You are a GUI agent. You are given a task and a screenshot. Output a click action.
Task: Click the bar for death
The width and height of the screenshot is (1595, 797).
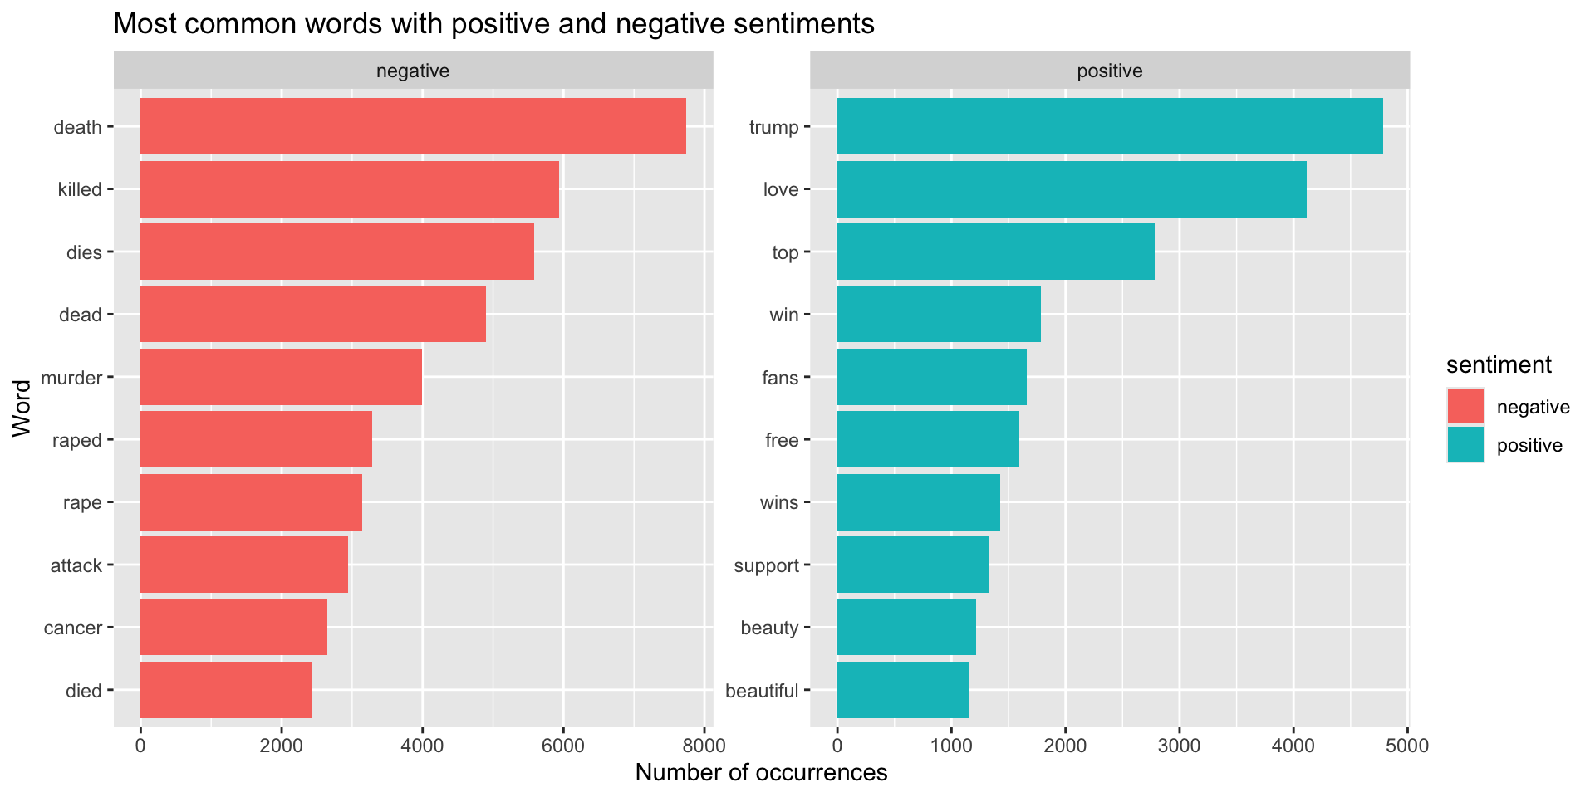[x=413, y=126]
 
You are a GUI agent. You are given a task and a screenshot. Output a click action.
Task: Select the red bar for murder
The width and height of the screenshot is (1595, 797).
[x=281, y=377]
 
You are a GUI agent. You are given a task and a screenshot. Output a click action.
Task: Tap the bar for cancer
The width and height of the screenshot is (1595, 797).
[x=233, y=627]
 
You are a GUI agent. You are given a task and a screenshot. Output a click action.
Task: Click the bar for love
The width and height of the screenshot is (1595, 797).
[x=1071, y=189]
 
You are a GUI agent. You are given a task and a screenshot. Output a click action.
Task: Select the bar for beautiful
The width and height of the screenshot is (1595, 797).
[x=902, y=690]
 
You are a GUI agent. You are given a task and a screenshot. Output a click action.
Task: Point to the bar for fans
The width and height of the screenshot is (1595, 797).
[x=931, y=377]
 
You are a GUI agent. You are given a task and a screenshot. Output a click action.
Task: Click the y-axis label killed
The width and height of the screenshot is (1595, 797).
[x=80, y=189]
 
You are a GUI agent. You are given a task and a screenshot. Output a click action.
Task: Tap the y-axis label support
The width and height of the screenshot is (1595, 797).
[x=766, y=565]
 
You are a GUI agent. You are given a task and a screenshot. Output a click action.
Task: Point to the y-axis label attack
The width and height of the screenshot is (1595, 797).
[x=76, y=565]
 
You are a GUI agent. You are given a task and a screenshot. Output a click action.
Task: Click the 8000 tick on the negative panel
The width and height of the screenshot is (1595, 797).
[x=704, y=745]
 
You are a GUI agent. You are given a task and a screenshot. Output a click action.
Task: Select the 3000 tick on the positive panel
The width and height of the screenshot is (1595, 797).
[x=1179, y=745]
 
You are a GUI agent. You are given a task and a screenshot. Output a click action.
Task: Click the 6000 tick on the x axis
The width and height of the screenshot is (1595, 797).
[x=562, y=745]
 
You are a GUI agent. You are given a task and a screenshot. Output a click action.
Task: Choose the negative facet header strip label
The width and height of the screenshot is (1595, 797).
[x=413, y=71]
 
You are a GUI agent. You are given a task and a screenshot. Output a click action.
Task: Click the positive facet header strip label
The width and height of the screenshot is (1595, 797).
[x=1109, y=71]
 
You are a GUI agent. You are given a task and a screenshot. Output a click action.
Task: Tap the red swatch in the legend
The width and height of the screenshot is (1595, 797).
[x=1465, y=407]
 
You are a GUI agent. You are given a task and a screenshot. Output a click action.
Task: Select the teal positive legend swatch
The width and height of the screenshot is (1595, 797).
[x=1465, y=445]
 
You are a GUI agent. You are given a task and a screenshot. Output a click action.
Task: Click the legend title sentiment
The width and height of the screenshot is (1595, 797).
[x=1499, y=364]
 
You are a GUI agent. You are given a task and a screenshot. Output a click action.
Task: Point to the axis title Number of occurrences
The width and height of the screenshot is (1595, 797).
[x=761, y=773]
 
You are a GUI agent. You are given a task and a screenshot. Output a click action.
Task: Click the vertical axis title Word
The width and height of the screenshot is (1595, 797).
[x=22, y=408]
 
